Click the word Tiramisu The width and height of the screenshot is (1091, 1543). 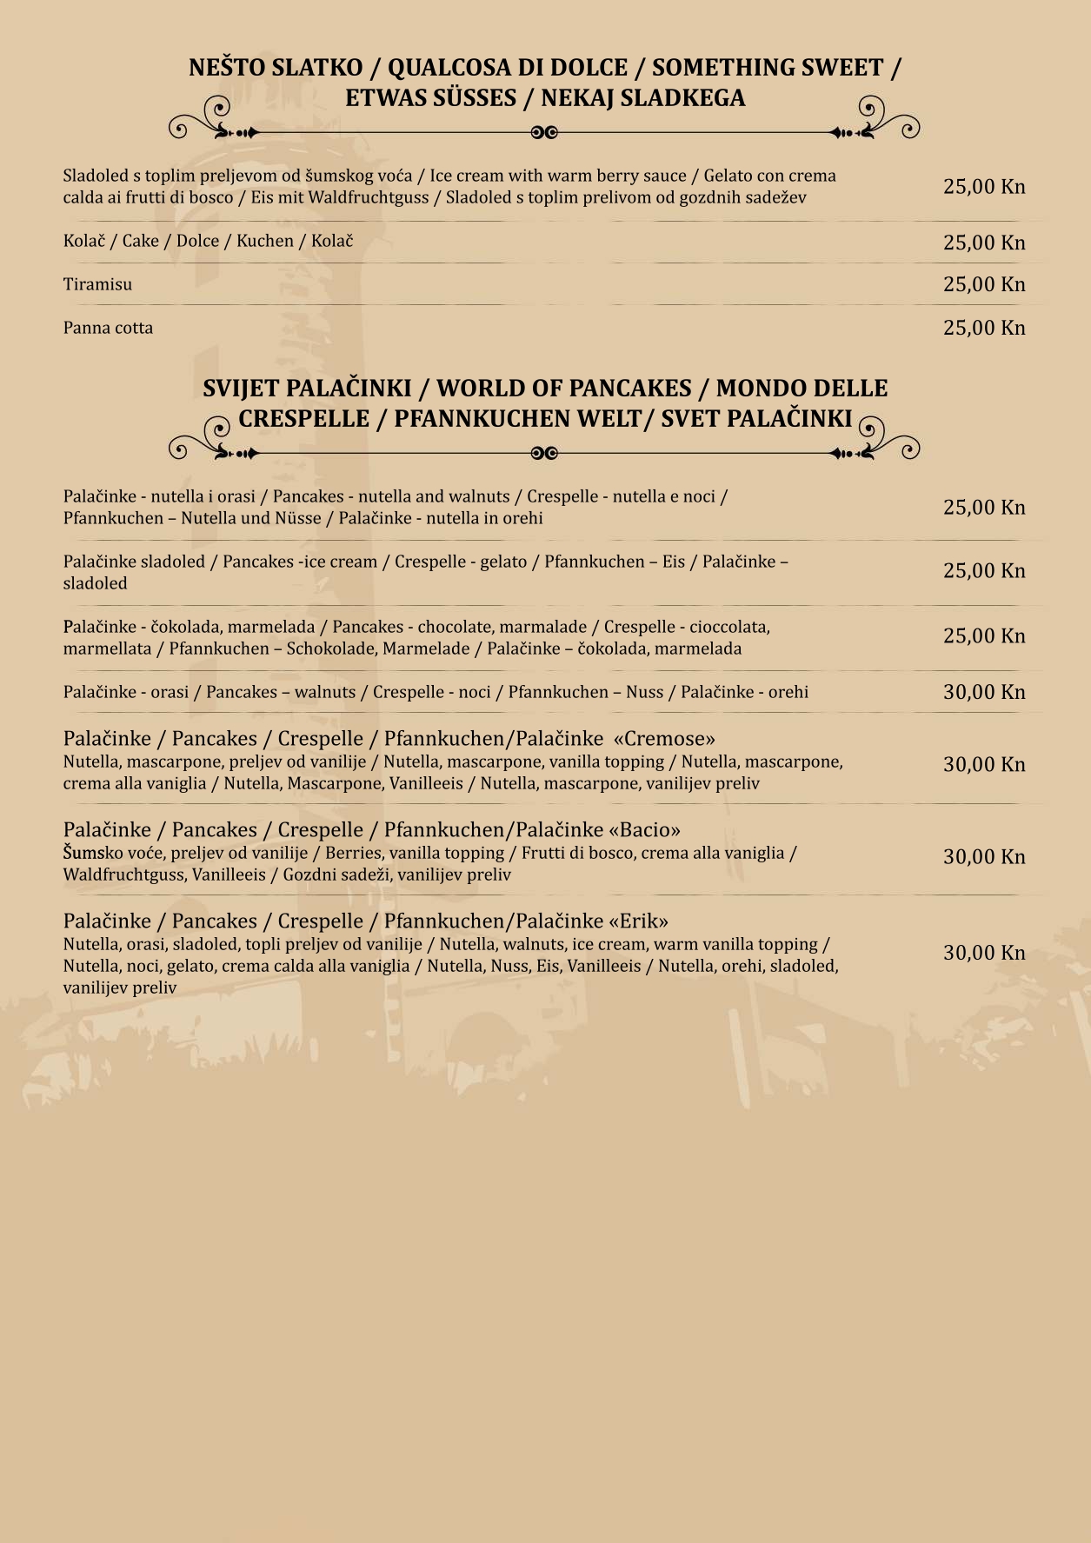[97, 284]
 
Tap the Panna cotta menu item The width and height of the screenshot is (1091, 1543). [108, 328]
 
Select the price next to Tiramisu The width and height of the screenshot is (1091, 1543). [984, 284]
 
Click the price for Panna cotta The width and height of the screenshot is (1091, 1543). [984, 328]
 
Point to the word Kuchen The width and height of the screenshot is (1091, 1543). [265, 241]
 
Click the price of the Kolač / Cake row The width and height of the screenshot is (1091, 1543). [984, 243]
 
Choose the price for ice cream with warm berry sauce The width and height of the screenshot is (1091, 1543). [984, 186]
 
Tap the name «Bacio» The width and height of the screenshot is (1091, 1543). [645, 830]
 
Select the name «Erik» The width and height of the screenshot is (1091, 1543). [639, 921]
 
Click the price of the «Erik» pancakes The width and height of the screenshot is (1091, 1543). [984, 953]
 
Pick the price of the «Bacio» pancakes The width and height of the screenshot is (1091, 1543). [984, 857]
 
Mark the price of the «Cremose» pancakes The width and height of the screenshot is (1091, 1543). [984, 765]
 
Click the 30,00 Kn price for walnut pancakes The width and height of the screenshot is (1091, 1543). [984, 692]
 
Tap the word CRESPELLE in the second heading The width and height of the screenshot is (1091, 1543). [303, 419]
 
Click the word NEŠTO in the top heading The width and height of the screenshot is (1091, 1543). [227, 68]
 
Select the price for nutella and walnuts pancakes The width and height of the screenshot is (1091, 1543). [984, 508]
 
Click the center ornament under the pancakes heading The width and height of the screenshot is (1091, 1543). [544, 453]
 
